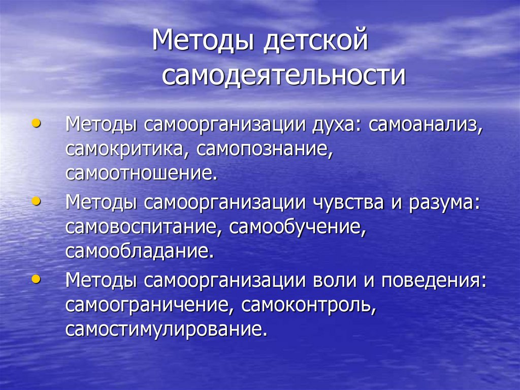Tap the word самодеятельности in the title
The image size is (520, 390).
click(284, 75)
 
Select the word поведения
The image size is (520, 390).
click(432, 281)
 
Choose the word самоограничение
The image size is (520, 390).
click(149, 306)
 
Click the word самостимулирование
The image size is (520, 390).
click(166, 329)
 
